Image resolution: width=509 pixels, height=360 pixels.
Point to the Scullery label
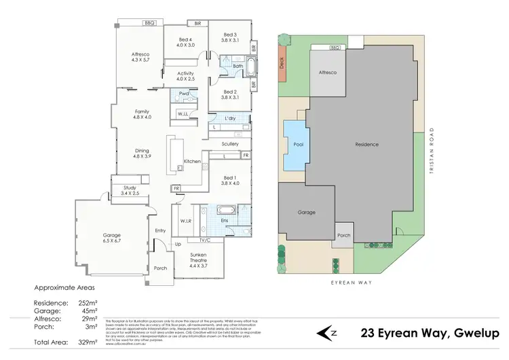click(229, 143)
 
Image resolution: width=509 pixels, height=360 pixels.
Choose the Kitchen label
click(192, 161)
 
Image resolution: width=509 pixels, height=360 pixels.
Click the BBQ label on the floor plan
click(149, 23)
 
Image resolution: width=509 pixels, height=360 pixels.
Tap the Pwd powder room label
click(183, 94)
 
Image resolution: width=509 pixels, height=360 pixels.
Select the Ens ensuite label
click(224, 220)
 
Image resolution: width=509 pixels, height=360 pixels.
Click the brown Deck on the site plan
click(282, 62)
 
